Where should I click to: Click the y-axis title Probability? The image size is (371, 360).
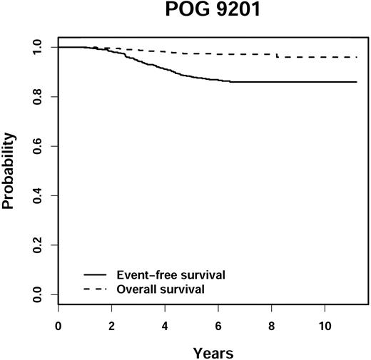click(x=9, y=170)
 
